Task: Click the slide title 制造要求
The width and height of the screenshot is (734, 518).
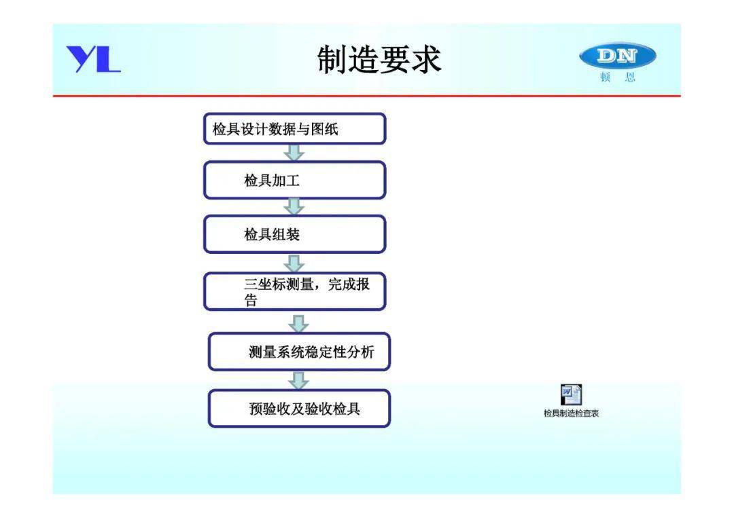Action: coord(379,59)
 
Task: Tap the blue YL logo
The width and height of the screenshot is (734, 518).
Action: coord(93,59)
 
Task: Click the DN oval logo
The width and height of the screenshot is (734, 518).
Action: coord(617,56)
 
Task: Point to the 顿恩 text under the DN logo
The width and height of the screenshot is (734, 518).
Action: coord(618,77)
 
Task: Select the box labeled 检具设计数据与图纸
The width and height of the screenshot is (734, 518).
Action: coord(294,128)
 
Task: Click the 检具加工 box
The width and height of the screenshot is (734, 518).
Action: coord(294,180)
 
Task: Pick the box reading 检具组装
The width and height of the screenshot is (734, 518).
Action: coord(294,234)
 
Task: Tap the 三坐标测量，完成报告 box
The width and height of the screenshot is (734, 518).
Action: coord(294,291)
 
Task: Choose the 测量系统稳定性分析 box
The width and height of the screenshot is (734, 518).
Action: coord(299,352)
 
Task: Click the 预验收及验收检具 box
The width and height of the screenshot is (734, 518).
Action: coord(299,409)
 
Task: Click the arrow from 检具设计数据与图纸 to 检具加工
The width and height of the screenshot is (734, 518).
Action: coord(294,153)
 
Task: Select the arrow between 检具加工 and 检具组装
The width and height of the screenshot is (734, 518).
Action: coord(294,207)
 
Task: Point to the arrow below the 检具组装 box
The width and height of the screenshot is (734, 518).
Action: coord(294,263)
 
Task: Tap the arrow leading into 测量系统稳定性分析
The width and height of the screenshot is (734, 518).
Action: coord(298,324)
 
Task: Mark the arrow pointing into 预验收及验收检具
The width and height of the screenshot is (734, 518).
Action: coord(298,381)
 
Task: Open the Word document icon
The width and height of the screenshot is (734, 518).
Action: coord(571,395)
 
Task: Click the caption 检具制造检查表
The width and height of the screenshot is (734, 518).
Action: coord(571,413)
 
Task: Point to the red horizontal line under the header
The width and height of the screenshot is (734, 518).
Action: coord(366,96)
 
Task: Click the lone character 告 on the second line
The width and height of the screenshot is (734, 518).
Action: coord(251,300)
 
